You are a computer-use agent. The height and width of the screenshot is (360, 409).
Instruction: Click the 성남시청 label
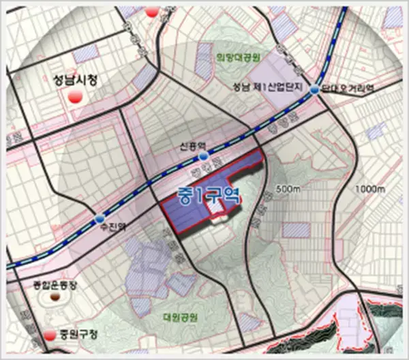75,80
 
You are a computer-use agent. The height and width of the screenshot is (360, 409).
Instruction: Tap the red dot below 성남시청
76,95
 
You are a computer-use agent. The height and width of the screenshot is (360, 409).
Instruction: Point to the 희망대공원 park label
234,57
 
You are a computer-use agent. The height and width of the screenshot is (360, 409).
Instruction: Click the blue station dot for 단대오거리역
314,90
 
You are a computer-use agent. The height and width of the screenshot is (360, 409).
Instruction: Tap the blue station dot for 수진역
100,219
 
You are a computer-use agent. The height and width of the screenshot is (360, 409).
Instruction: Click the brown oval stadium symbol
54,298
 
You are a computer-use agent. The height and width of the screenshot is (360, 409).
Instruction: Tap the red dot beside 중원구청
49,336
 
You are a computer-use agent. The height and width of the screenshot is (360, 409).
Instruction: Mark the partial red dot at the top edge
153,11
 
